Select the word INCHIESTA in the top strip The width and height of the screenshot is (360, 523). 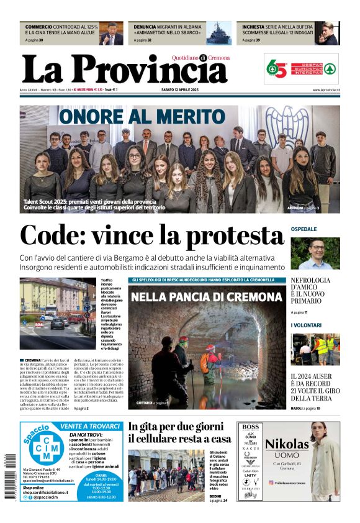[257, 27]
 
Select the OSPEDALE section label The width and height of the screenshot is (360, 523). [304, 229]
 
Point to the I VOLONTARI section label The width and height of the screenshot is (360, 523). [306, 325]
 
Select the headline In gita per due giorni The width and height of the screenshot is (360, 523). [176, 427]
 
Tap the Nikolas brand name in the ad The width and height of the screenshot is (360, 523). [287, 443]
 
